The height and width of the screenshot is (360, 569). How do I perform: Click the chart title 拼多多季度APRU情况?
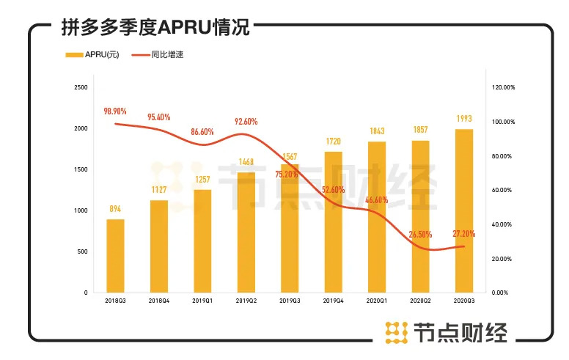tap(156, 29)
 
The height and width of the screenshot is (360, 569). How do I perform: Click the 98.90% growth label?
tap(115, 111)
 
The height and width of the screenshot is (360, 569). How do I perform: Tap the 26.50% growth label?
tap(420, 235)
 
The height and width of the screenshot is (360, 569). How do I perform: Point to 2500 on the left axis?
tap(81, 87)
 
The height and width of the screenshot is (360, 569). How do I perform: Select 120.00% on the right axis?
tap(504, 87)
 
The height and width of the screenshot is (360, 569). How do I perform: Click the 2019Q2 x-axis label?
tap(246, 301)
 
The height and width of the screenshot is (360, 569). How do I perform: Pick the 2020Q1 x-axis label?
tap(377, 301)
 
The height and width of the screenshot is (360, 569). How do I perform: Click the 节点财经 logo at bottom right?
tap(447, 333)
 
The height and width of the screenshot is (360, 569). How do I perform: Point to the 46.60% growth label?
tap(377, 199)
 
